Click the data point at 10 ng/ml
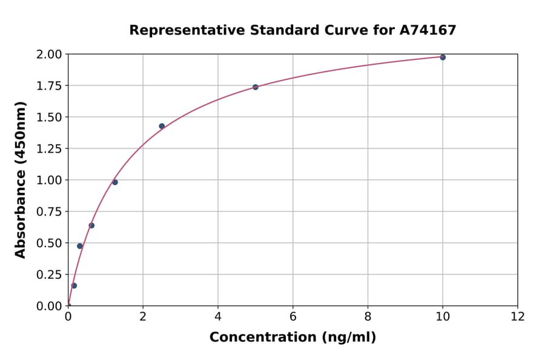click(x=443, y=57)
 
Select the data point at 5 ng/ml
click(x=256, y=87)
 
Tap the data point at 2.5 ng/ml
click(x=162, y=126)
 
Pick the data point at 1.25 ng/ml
click(x=115, y=182)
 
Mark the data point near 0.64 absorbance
click(x=91, y=225)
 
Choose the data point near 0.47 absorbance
click(x=80, y=246)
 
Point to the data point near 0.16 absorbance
click(x=74, y=285)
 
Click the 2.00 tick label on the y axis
click(x=48, y=55)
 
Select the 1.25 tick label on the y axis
click(x=48, y=148)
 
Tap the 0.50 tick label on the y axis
click(x=48, y=243)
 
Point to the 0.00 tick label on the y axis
click(x=48, y=306)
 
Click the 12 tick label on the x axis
click(x=518, y=317)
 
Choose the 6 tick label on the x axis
click(x=293, y=317)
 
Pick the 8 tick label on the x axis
click(x=368, y=317)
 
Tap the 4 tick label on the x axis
click(x=218, y=317)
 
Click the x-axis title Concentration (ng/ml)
click(x=292, y=338)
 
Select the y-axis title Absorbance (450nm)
click(x=21, y=180)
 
